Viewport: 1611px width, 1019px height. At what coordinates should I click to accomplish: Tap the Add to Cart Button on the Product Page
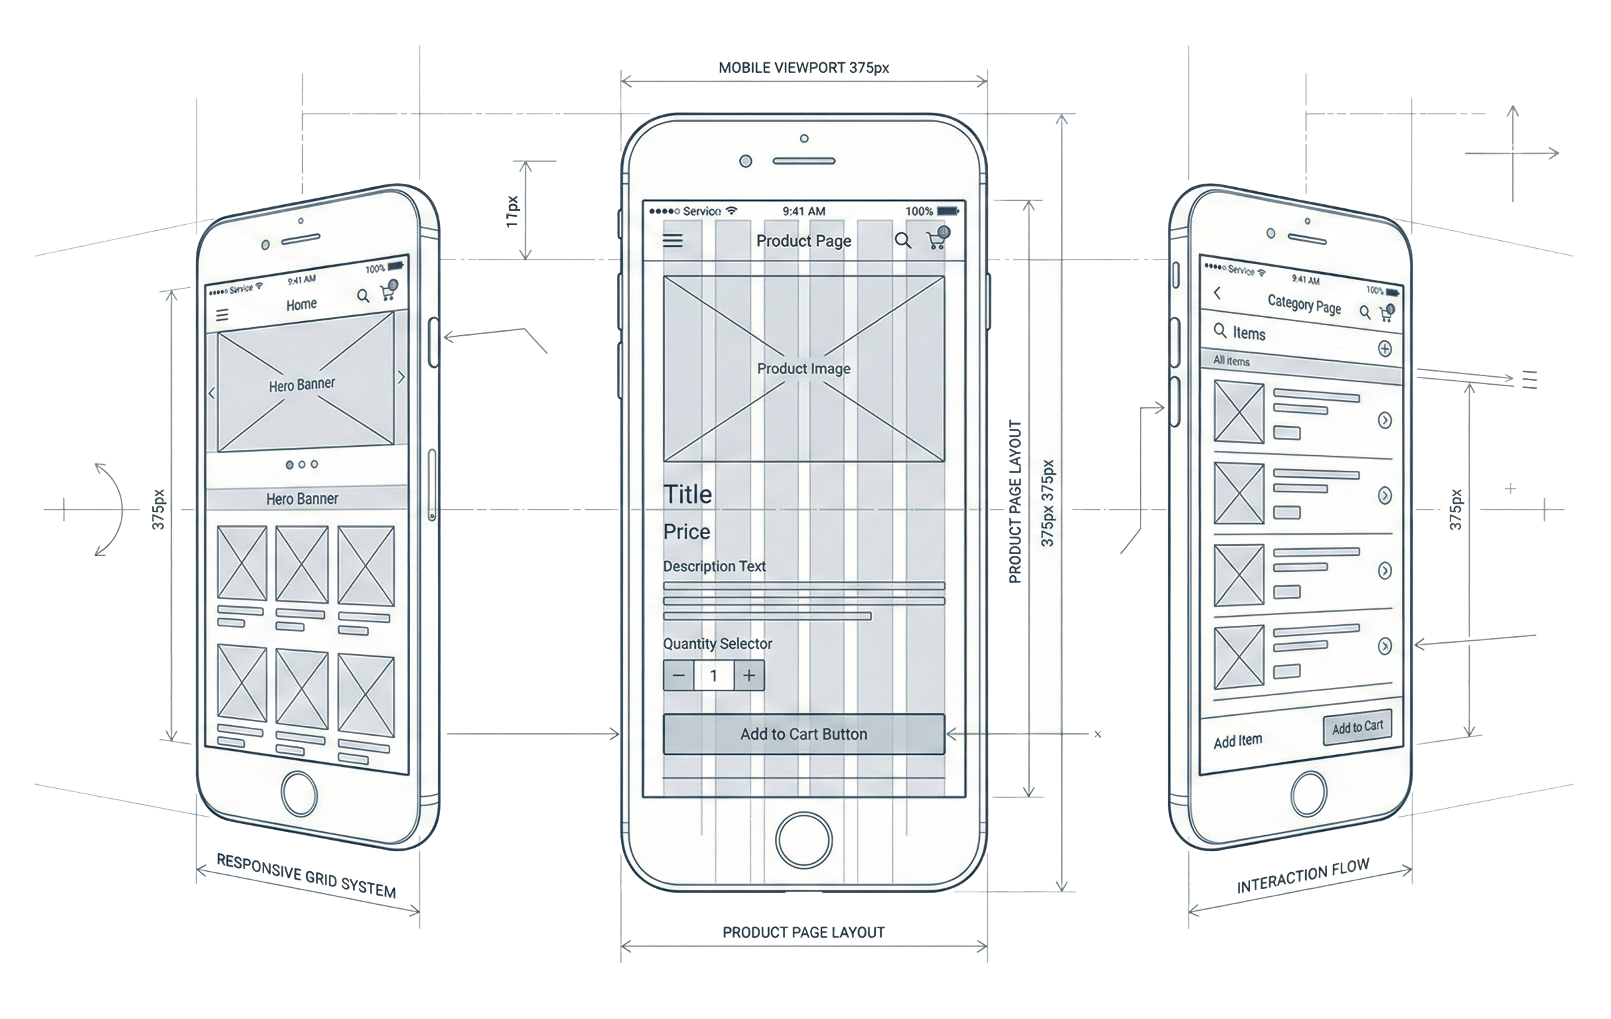coord(804,734)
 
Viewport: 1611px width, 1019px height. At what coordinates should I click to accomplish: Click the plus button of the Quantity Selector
coord(749,676)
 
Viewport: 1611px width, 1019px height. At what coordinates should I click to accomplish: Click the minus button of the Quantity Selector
coord(678,676)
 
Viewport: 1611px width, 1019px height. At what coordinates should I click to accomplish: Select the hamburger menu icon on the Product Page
coord(673,241)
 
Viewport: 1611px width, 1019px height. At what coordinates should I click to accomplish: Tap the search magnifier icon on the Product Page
coord(902,240)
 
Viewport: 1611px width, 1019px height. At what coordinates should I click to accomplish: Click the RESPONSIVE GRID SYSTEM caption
coord(307,875)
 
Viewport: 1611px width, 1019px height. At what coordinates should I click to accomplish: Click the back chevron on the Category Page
coord(1218,293)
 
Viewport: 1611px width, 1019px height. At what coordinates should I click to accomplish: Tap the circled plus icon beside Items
coord(1384,348)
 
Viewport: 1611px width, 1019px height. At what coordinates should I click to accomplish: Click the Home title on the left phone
coord(302,305)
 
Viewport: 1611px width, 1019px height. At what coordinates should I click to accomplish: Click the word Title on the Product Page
coord(688,494)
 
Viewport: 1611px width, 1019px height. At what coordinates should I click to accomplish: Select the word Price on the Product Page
coord(687,532)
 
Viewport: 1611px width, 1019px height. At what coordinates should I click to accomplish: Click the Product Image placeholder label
coord(804,369)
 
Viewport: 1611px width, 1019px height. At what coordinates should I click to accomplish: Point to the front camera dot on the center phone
coord(745,161)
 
